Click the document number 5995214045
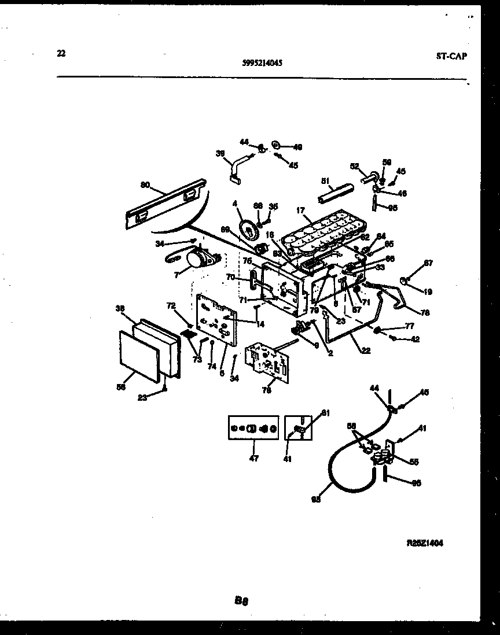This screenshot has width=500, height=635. (262, 65)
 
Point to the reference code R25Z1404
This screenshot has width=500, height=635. (426, 543)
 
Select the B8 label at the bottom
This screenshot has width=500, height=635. (241, 601)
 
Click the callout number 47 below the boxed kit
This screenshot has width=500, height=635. (253, 459)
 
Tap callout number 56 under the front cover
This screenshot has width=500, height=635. (122, 387)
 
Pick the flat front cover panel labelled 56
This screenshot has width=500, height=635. (138, 356)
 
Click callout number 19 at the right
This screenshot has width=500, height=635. (429, 292)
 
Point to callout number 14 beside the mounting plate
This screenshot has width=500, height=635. (260, 324)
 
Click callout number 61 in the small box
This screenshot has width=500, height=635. (325, 412)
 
